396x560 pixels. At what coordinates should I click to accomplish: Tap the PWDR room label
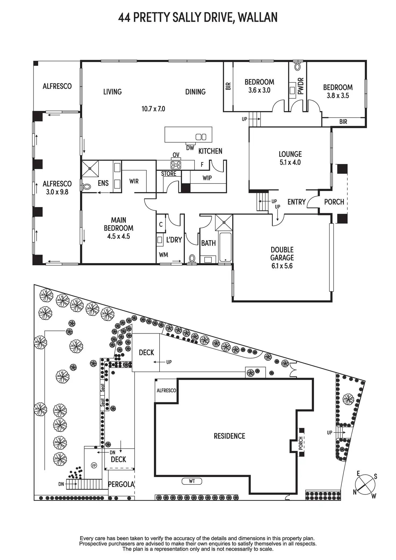coord(301,86)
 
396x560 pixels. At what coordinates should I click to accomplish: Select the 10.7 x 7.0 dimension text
coord(153,109)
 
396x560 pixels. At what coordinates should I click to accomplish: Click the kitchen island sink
coord(201,137)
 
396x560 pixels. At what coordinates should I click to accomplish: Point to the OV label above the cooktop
coord(176,155)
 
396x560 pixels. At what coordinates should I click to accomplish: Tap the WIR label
coord(134,181)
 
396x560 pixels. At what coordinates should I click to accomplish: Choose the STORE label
coord(169,174)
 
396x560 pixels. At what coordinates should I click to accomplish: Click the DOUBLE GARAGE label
coord(282,254)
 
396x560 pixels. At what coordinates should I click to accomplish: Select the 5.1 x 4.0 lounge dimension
coord(290,162)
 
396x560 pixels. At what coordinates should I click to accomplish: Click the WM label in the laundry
coord(164,255)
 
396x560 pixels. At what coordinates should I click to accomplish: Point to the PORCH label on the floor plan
coord(334,202)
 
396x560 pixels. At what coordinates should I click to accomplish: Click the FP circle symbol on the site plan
coord(94,465)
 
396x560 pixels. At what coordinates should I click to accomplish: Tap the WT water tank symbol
coord(192,481)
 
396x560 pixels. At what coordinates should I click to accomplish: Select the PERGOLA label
coord(121,484)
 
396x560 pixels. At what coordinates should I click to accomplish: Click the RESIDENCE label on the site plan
coord(229,436)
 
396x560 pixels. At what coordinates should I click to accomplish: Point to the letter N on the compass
coord(355,492)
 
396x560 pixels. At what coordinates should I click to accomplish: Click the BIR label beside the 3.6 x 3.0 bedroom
coord(228,86)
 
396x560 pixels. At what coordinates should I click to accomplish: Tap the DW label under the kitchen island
coord(190,148)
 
